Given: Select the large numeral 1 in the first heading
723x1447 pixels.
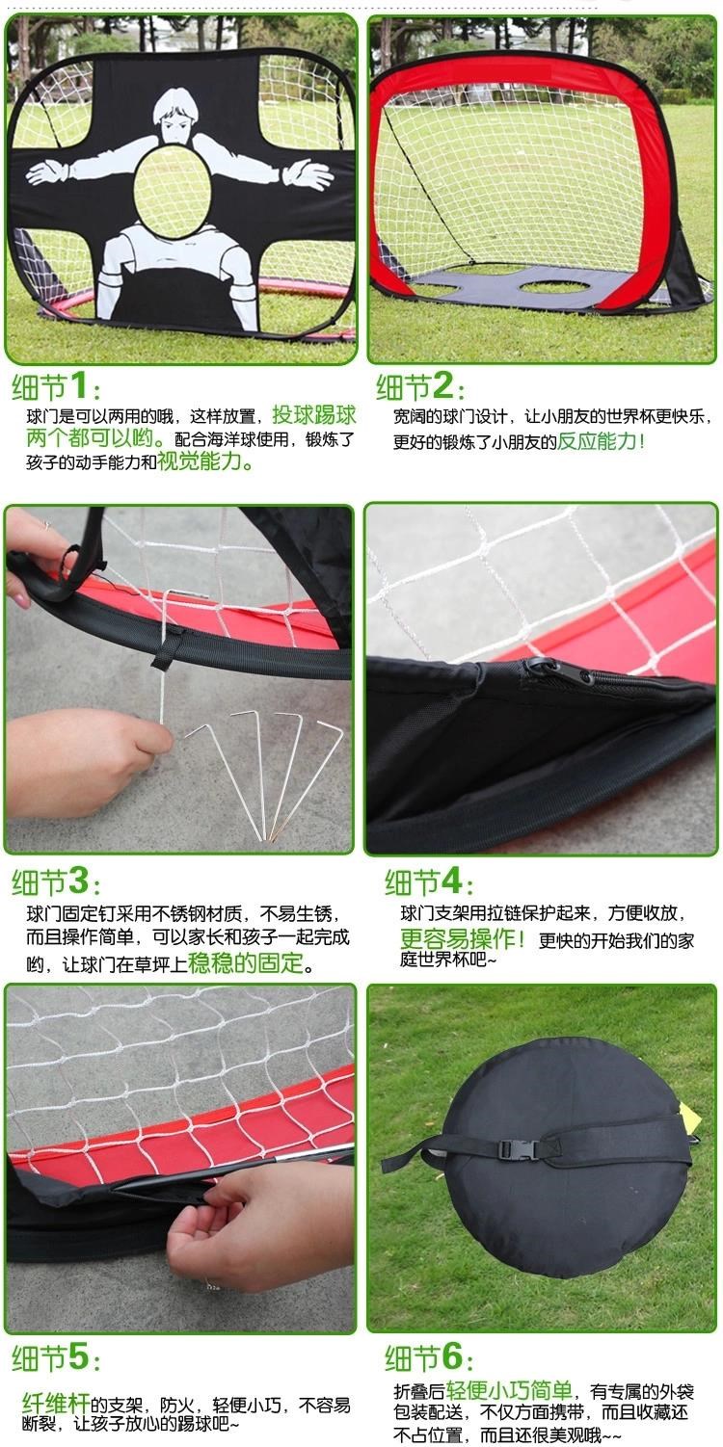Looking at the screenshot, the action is tap(78, 386).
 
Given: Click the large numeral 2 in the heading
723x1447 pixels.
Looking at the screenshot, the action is tap(443, 386).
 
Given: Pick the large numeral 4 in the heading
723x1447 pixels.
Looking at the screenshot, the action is tap(451, 881).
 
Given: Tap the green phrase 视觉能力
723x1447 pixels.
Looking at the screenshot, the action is tap(200, 461).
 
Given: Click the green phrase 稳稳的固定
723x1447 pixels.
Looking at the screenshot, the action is tap(246, 963).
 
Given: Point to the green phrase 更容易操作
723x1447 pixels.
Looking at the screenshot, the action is tap(459, 938).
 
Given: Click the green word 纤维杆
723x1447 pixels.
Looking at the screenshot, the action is tap(56, 1404).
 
